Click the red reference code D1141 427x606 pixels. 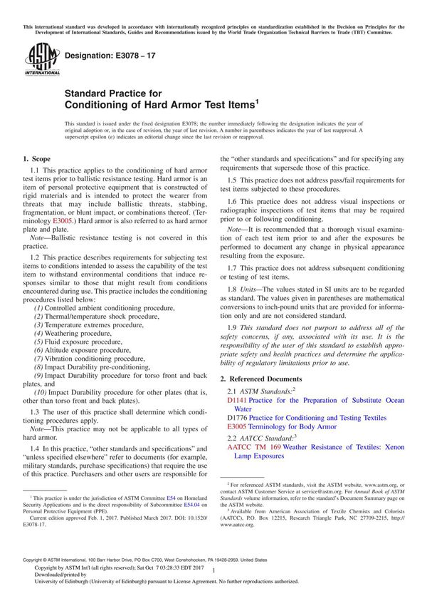click(x=237, y=401)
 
